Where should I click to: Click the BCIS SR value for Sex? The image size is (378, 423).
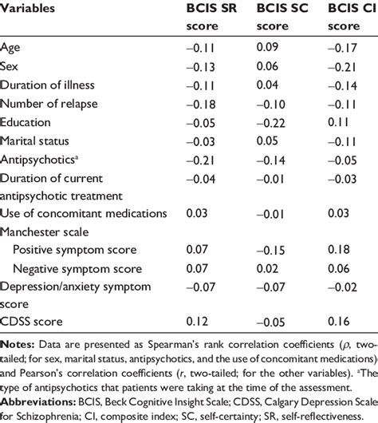pos(200,66)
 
